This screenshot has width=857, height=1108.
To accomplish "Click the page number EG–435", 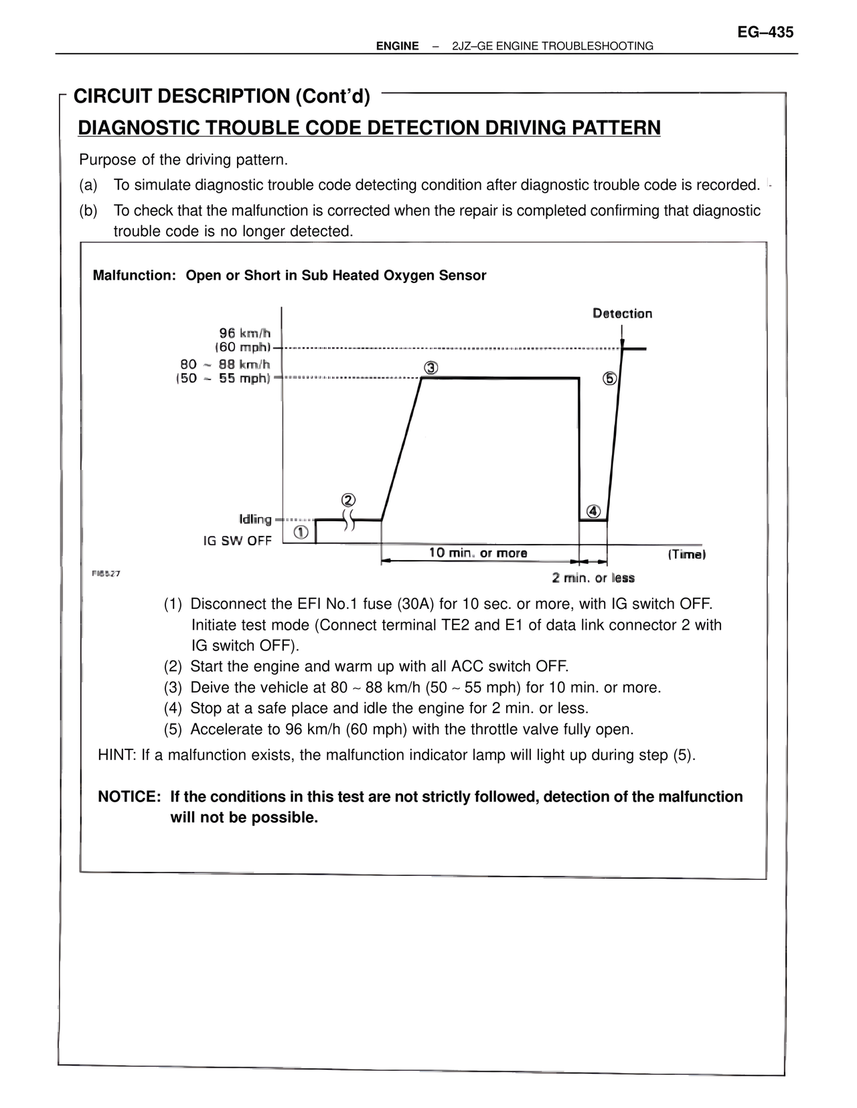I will coord(765,31).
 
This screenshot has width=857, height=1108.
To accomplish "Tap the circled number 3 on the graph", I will coord(431,368).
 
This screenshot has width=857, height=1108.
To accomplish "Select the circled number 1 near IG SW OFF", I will coord(301,533).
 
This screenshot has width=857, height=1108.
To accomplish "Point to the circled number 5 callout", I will coord(609,379).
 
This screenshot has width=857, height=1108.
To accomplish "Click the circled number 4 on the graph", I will coord(593,511).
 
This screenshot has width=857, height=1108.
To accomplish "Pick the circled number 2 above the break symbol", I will coord(348,500).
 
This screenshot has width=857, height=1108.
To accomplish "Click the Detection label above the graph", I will coord(622,313).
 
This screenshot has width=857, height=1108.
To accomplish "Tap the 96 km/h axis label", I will coord(244,333).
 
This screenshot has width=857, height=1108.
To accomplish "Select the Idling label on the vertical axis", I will coord(255,519).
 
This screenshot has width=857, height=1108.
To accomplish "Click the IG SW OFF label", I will coord(237,541).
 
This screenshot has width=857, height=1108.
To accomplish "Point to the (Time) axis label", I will coord(686,554).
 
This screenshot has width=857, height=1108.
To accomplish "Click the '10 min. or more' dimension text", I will coord(477,553).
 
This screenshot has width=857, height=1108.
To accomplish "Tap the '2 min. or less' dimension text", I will coord(593,578).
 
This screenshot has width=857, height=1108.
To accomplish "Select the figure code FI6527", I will coord(106,573).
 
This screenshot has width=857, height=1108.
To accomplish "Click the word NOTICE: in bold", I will coord(129,797).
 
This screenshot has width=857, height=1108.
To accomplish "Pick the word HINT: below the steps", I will coord(117,755).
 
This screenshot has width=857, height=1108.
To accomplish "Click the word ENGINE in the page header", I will coord(397,46).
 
